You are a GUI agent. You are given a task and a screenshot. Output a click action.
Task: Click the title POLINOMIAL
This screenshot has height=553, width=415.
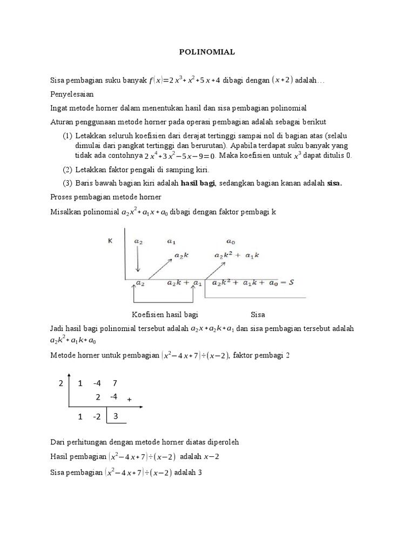[x=207, y=52]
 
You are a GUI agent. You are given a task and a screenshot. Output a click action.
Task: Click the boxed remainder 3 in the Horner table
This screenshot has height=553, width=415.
[x=116, y=416]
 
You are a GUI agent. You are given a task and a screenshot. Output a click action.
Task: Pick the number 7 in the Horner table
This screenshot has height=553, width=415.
[x=115, y=383]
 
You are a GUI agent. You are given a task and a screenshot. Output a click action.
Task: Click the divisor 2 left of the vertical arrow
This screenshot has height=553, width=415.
[x=61, y=383]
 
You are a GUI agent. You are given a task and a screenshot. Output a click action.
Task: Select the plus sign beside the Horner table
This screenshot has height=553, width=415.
[x=130, y=400]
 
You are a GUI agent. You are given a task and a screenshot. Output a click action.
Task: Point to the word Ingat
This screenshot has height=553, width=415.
[x=59, y=108]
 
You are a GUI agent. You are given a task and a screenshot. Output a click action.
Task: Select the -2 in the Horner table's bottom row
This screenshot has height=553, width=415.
[x=97, y=417]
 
